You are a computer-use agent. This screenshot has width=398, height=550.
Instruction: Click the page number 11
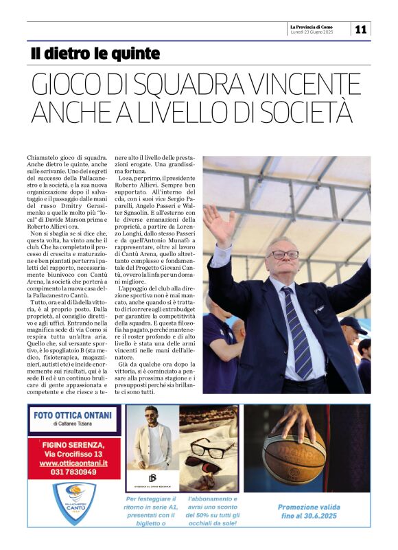tap(361, 29)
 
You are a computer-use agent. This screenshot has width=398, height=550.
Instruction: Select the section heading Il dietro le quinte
tap(95, 54)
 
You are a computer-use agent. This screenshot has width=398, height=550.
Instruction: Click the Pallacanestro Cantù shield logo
tap(75, 503)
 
